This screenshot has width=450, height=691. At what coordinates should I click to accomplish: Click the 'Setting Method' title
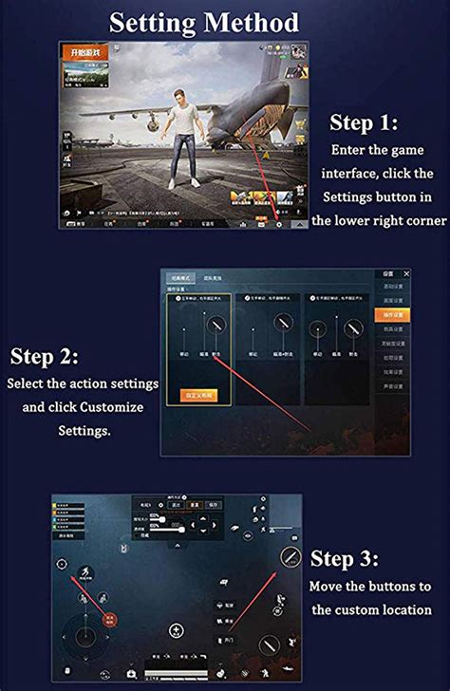(x=204, y=23)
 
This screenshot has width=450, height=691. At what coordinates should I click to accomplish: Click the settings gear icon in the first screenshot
(x=278, y=225)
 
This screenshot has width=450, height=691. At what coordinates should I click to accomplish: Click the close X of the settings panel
(x=407, y=273)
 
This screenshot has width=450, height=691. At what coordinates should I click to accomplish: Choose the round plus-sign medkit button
(x=176, y=630)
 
